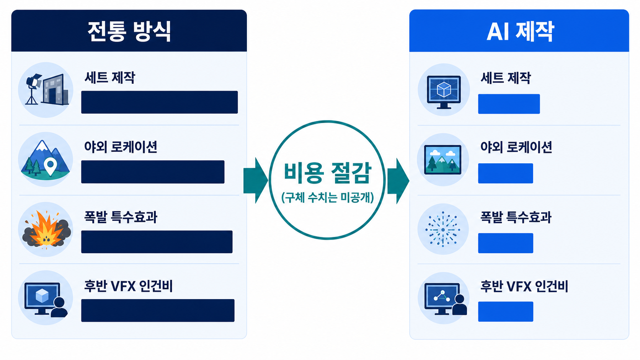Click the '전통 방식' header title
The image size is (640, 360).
pyautogui.click(x=129, y=31)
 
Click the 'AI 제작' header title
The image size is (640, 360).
pyautogui.click(x=520, y=31)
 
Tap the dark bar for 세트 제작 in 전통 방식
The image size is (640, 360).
pyautogui.click(x=160, y=102)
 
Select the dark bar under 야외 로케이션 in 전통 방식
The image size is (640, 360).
pyautogui.click(x=153, y=172)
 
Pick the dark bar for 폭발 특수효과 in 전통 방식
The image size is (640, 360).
pyautogui.click(x=157, y=242)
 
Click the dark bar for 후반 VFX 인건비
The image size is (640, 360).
pyautogui.click(x=158, y=311)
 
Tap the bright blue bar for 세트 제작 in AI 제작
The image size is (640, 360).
pyautogui.click(x=509, y=104)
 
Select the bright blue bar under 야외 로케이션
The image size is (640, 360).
pyautogui.click(x=505, y=173)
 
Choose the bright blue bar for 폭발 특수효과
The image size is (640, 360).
pyautogui.click(x=505, y=243)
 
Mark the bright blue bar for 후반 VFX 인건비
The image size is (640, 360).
pyautogui.click(x=505, y=311)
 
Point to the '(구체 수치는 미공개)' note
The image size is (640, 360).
pyautogui.click(x=327, y=197)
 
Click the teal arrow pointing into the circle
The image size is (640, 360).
pyautogui.click(x=256, y=181)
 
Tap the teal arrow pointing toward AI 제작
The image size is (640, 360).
pyautogui.click(x=398, y=181)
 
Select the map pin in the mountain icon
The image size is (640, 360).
pyautogui.click(x=51, y=167)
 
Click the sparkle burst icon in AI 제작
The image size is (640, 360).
pyautogui.click(x=443, y=229)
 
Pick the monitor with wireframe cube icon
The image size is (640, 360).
pyautogui.click(x=444, y=92)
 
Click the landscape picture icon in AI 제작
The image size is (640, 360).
pyautogui.click(x=442, y=160)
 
